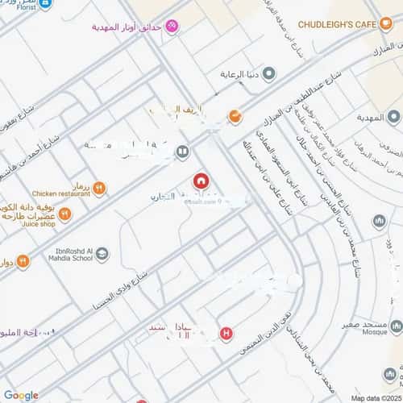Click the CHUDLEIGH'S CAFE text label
(x=338, y=24)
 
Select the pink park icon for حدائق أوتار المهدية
(x=172, y=27)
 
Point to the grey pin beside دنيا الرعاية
(x=269, y=74)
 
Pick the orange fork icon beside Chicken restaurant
(x=99, y=189)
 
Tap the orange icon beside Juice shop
(x=64, y=214)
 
